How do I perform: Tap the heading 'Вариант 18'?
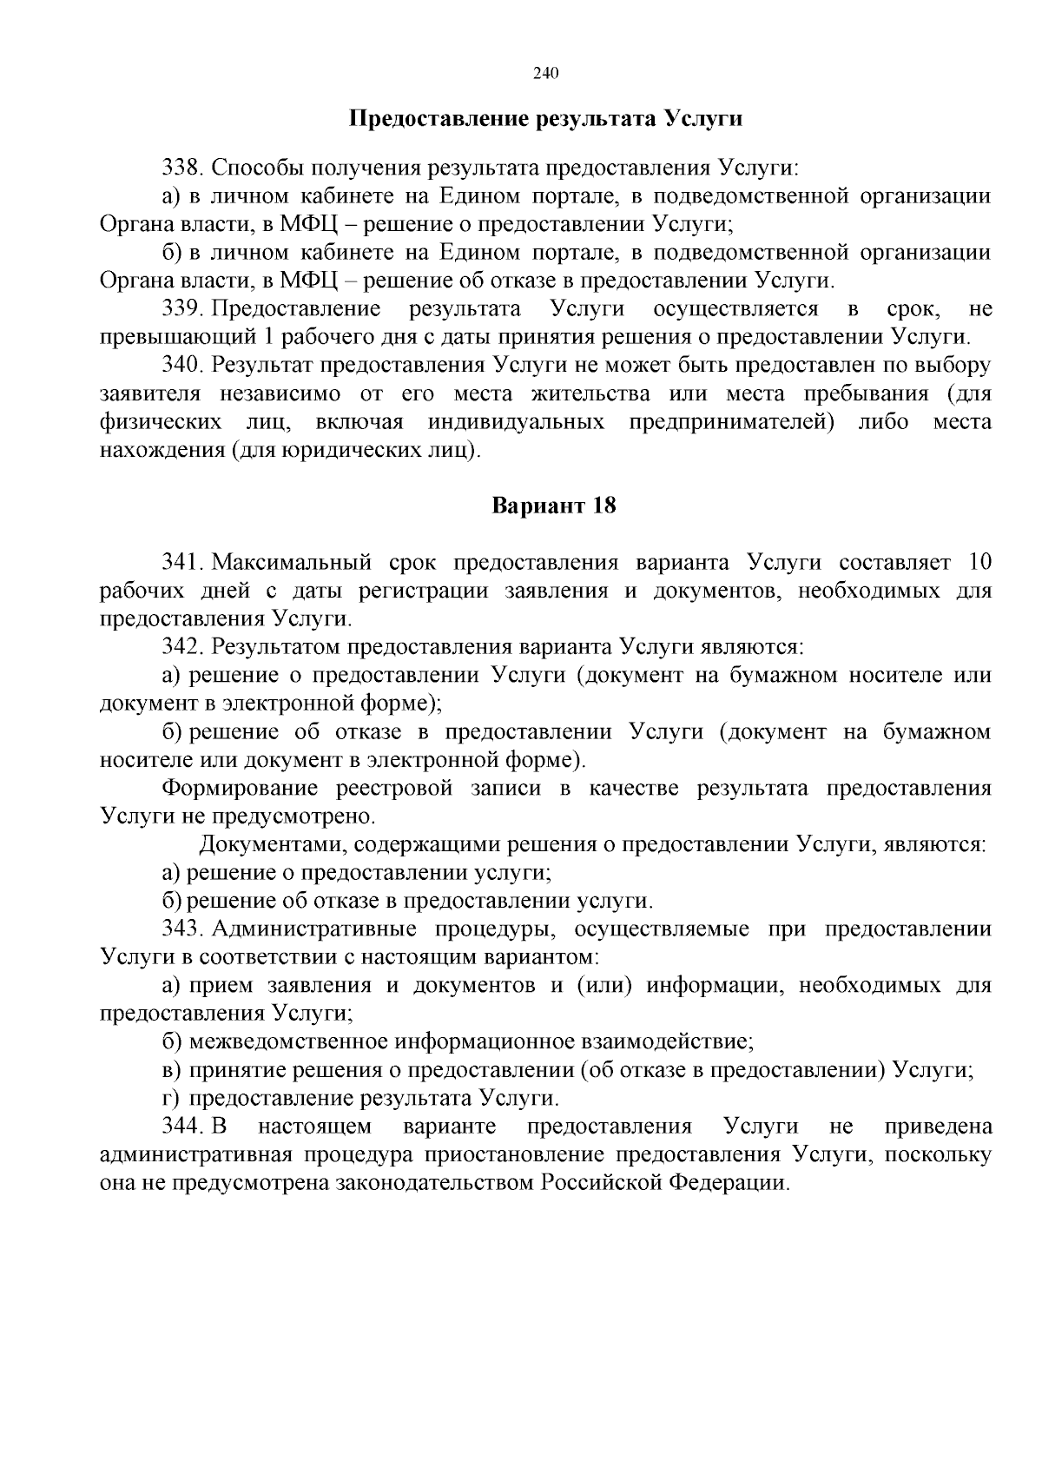(x=554, y=506)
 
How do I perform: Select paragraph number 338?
(x=181, y=167)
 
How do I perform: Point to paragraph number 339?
(x=181, y=308)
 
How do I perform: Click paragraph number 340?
(x=181, y=365)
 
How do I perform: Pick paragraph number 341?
(x=181, y=562)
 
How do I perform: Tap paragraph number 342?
(x=181, y=646)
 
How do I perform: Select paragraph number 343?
(x=181, y=929)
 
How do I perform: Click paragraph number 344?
(x=181, y=1127)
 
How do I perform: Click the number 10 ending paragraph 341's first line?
(x=979, y=562)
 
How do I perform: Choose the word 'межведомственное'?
(x=289, y=1041)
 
